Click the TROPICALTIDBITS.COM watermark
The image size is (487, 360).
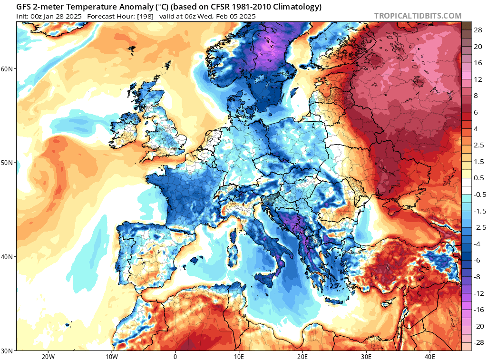pos(418,16)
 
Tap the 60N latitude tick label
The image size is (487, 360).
pos(7,69)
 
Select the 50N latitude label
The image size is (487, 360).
pos(7,163)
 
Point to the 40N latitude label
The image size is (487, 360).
pos(7,257)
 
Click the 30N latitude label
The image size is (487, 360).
pos(7,351)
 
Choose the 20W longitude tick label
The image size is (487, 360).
pos(48,356)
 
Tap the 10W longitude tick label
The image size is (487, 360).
pos(111,356)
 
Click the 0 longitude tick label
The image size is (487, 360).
pos(175,356)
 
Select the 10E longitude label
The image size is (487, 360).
pos(239,356)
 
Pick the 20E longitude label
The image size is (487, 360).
pos(302,356)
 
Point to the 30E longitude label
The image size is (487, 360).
pos(366,356)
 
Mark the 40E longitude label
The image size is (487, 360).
pos(430,356)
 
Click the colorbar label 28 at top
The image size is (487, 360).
pos(477,30)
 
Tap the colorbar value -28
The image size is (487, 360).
pos(478,342)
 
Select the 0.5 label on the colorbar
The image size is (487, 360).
pos(478,178)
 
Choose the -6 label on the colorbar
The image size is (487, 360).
pos(477,260)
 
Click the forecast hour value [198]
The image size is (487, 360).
pos(145,17)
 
